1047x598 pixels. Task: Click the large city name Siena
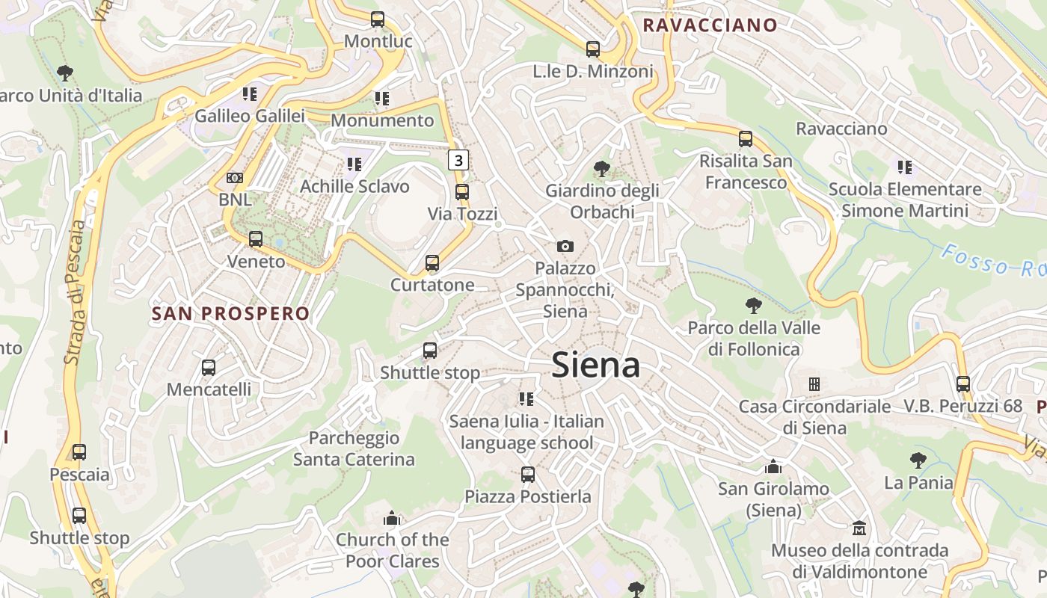[x=595, y=366]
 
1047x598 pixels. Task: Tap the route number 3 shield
[x=458, y=159]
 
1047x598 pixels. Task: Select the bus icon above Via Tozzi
[x=462, y=192]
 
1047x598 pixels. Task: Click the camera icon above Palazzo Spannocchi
[x=565, y=246]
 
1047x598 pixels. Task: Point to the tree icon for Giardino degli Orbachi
[x=601, y=169]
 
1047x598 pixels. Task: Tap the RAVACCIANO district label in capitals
[x=710, y=25]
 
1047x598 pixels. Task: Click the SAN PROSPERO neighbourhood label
[x=230, y=313]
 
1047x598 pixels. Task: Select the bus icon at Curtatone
[x=432, y=263]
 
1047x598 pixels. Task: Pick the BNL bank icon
[x=235, y=178]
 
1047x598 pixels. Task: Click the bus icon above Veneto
[x=256, y=239]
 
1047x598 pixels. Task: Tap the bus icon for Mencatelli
[x=209, y=368]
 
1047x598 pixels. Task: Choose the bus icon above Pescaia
[x=79, y=452]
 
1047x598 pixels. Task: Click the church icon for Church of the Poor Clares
[x=392, y=518]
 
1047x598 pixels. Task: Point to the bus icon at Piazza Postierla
[x=528, y=474]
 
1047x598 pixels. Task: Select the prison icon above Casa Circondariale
[x=814, y=384]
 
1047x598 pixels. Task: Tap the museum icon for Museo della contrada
[x=860, y=528]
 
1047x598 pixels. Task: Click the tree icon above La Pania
[x=918, y=460]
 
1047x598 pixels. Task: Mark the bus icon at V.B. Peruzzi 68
[x=963, y=384]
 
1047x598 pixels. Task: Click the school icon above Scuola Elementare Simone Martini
[x=905, y=167]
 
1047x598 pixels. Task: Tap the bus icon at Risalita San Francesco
[x=746, y=138]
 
